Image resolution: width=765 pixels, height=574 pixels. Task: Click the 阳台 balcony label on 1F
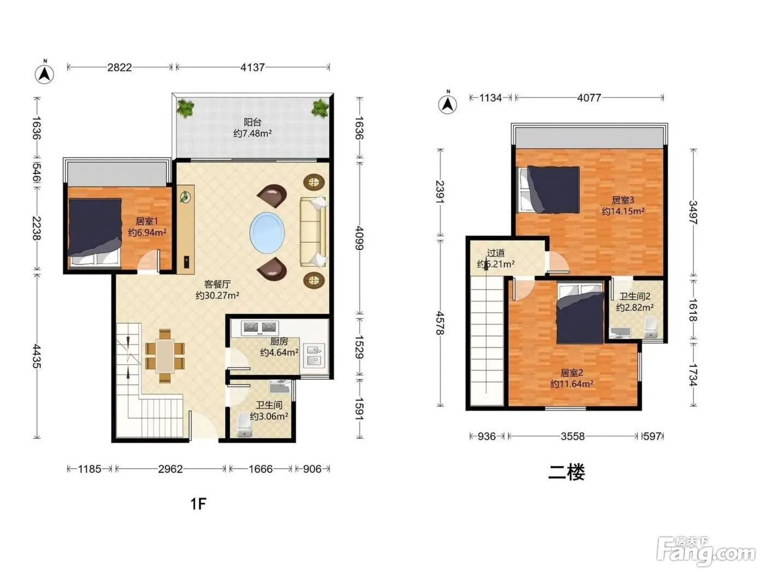point(252,122)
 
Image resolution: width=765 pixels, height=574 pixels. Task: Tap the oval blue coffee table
point(267,232)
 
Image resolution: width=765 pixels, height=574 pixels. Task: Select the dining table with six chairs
point(165,356)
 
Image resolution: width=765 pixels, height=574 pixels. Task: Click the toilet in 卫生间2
point(650,327)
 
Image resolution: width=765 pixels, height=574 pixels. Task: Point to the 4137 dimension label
point(252,67)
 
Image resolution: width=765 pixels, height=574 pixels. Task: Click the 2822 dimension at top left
point(119,67)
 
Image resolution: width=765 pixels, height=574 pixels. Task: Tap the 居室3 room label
point(623,200)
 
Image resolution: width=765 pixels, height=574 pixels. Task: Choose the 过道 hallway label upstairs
point(496,253)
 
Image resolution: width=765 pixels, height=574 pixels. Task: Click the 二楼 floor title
point(566,472)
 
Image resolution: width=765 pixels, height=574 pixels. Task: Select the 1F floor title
point(198,503)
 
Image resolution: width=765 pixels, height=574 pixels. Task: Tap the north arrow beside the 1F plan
point(44,73)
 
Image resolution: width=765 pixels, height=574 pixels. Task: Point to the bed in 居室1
point(95,233)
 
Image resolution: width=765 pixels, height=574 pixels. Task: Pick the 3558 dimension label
point(572,436)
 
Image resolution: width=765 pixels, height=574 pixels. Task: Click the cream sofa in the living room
point(314,232)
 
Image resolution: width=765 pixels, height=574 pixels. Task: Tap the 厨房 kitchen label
point(279,342)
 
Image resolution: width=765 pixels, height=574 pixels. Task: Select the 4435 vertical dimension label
point(37,356)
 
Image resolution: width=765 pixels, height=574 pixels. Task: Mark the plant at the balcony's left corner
point(185,108)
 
